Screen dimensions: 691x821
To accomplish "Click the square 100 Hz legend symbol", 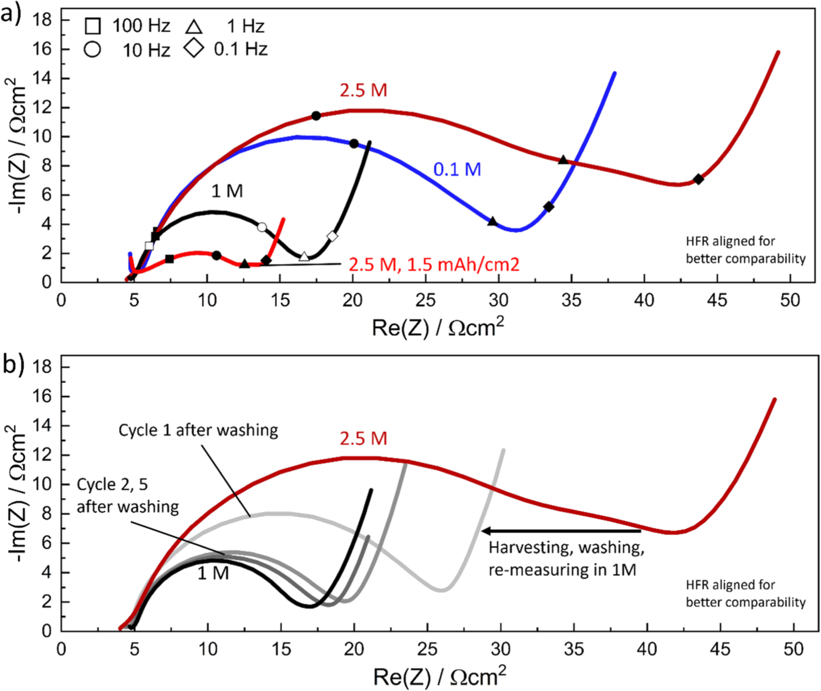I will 92,26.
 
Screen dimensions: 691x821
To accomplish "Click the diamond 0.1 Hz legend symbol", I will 194,48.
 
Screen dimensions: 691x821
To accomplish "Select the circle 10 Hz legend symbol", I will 92,49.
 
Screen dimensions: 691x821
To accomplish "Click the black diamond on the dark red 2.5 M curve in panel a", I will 698,179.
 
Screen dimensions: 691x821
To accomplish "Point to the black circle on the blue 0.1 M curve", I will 354,143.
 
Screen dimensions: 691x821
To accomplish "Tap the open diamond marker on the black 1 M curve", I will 332,236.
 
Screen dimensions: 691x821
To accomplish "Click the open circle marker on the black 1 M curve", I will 262,227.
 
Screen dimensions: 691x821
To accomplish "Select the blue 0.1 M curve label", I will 457,170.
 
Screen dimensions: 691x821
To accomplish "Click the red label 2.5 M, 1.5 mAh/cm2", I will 434,264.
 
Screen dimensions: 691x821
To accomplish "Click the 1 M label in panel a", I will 227,191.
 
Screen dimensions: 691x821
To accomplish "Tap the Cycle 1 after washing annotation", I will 198,430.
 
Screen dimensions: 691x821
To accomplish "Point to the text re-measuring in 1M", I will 562,570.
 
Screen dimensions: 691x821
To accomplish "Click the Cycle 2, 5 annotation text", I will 112,484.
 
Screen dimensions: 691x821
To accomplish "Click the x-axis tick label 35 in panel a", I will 571,300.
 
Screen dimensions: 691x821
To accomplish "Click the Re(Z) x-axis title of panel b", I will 439,677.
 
